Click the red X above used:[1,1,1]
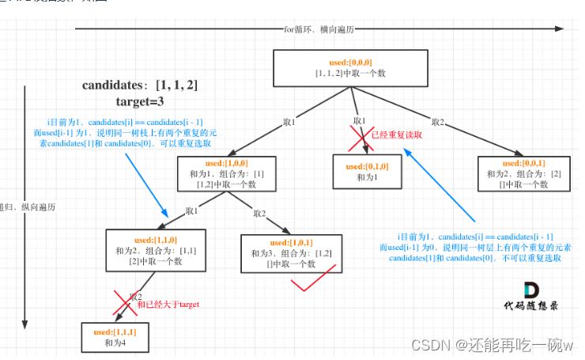tap(124, 301)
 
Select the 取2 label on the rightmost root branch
tap(437, 121)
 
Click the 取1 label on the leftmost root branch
tap(289, 123)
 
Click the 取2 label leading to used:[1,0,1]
tap(260, 213)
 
